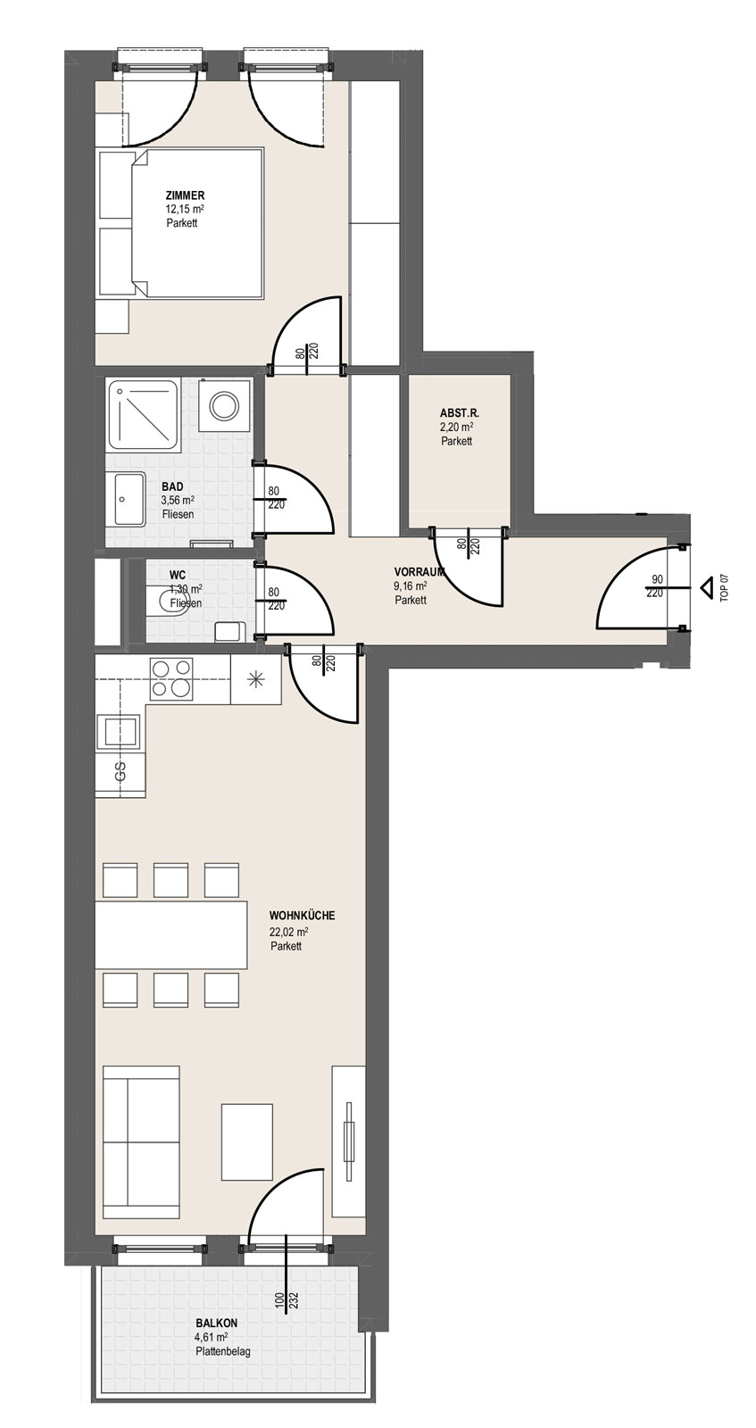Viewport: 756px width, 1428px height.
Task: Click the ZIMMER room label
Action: point(184,195)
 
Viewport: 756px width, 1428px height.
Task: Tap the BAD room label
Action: point(172,487)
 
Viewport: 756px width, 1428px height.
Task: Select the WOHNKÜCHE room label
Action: point(302,916)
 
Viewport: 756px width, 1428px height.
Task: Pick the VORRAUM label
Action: point(419,572)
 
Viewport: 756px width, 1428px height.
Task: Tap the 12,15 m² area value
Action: point(184,209)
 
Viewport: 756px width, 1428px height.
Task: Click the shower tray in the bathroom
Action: point(142,414)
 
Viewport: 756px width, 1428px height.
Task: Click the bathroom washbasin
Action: point(129,499)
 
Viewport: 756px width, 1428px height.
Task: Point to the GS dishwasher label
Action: point(120,770)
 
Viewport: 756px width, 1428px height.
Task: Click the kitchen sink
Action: point(117,731)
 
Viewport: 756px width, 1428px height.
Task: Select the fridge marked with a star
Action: point(255,679)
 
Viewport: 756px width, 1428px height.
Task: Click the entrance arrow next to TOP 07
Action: point(706,587)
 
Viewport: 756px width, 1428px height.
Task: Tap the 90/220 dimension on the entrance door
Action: point(655,586)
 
